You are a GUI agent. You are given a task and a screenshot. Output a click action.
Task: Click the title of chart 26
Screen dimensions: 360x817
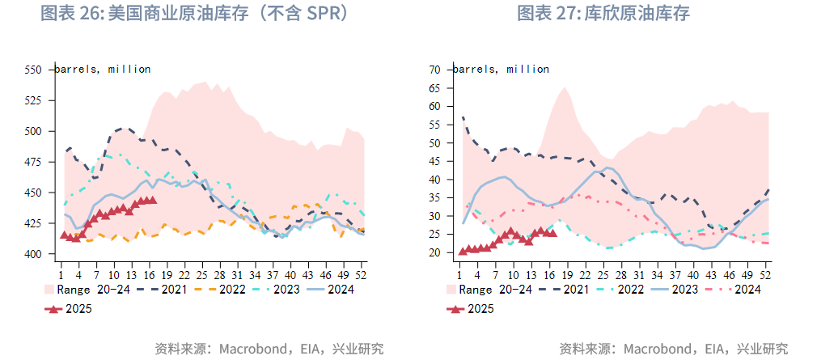pyautogui.click(x=194, y=14)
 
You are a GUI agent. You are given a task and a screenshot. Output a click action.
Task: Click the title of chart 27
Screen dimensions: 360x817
pyautogui.click(x=603, y=14)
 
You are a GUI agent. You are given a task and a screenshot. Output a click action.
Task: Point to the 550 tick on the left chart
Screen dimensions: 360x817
pyautogui.click(x=33, y=70)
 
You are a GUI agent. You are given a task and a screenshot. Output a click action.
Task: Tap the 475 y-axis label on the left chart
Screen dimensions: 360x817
pyautogui.click(x=33, y=162)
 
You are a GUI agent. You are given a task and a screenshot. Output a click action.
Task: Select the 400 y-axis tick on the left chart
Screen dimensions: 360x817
pyautogui.click(x=33, y=254)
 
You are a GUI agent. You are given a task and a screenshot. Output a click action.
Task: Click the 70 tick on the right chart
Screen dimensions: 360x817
pyautogui.click(x=434, y=70)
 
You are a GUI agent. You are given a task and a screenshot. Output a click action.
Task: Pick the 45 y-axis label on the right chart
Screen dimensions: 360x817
pyautogui.click(x=434, y=161)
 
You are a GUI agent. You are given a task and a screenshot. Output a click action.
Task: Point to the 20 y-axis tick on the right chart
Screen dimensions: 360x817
pyautogui.click(x=434, y=253)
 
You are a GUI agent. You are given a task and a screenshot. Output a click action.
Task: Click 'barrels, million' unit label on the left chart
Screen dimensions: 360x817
pyautogui.click(x=104, y=70)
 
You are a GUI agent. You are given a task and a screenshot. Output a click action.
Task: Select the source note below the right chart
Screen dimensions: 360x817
pyautogui.click(x=673, y=349)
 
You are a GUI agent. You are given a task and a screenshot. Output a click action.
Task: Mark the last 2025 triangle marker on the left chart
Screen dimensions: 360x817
pyautogui.click(x=152, y=200)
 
